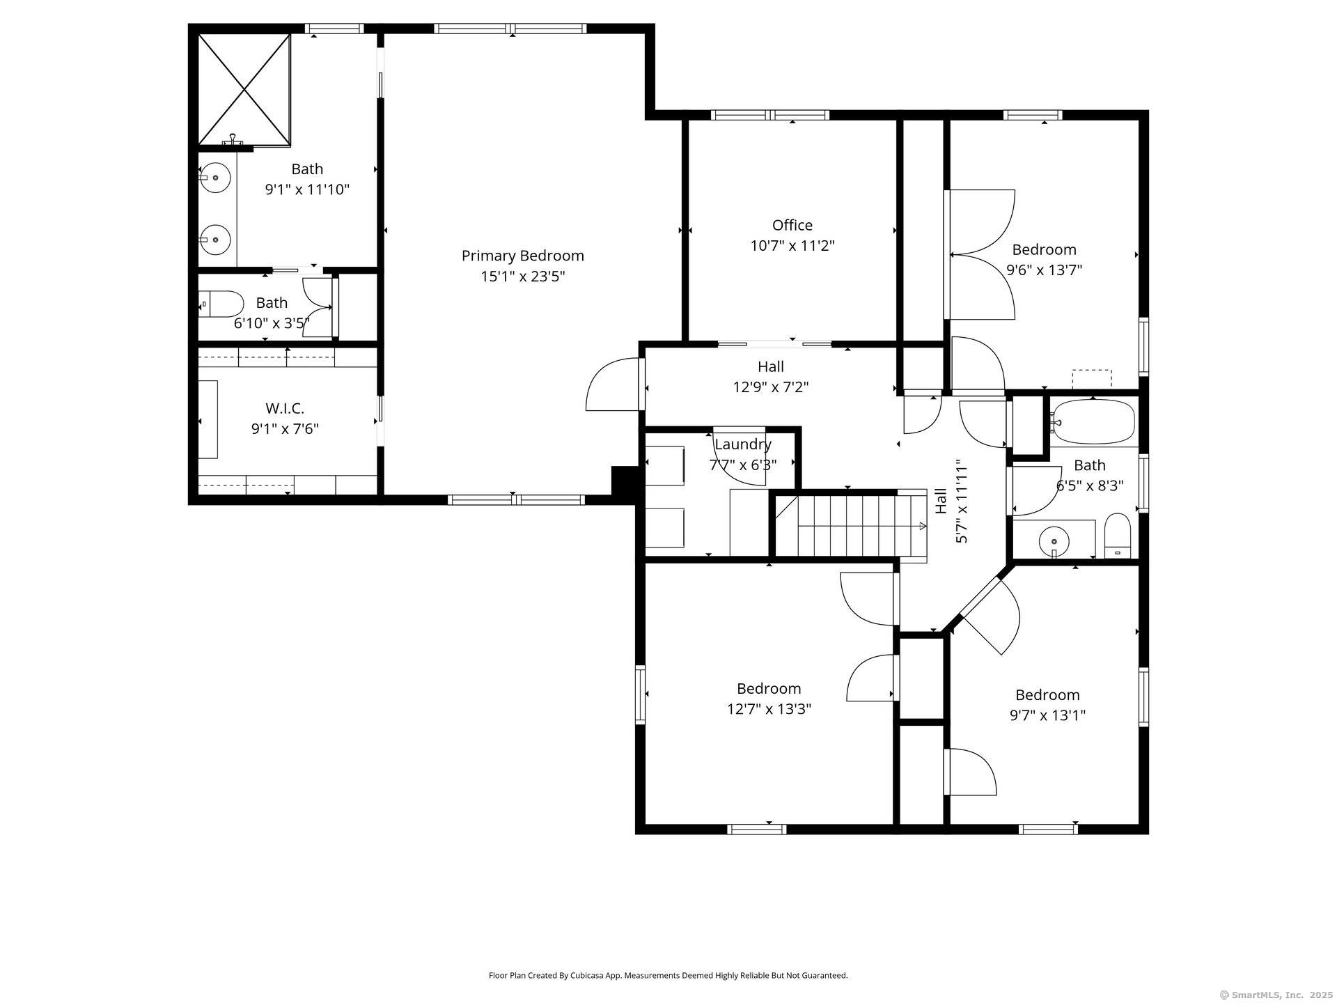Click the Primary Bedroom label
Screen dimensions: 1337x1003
pos(522,256)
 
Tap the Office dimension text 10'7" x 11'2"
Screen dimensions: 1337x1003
pos(792,246)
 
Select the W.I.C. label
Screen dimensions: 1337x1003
pos(285,408)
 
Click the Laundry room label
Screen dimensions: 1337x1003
pos(743,444)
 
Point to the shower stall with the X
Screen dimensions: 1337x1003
pos(244,90)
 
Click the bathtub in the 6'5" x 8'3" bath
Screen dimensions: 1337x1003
pos(1093,422)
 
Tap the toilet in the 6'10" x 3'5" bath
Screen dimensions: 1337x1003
pos(221,304)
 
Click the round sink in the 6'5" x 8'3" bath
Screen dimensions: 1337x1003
pos(1054,540)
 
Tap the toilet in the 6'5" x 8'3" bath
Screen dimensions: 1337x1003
pos(1118,536)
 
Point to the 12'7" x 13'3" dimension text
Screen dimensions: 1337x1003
pos(769,709)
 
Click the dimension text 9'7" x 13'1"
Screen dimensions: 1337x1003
pos(1047,715)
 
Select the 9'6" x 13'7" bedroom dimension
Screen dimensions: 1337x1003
pos(1044,270)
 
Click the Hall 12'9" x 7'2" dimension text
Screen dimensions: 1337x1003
pos(770,387)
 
